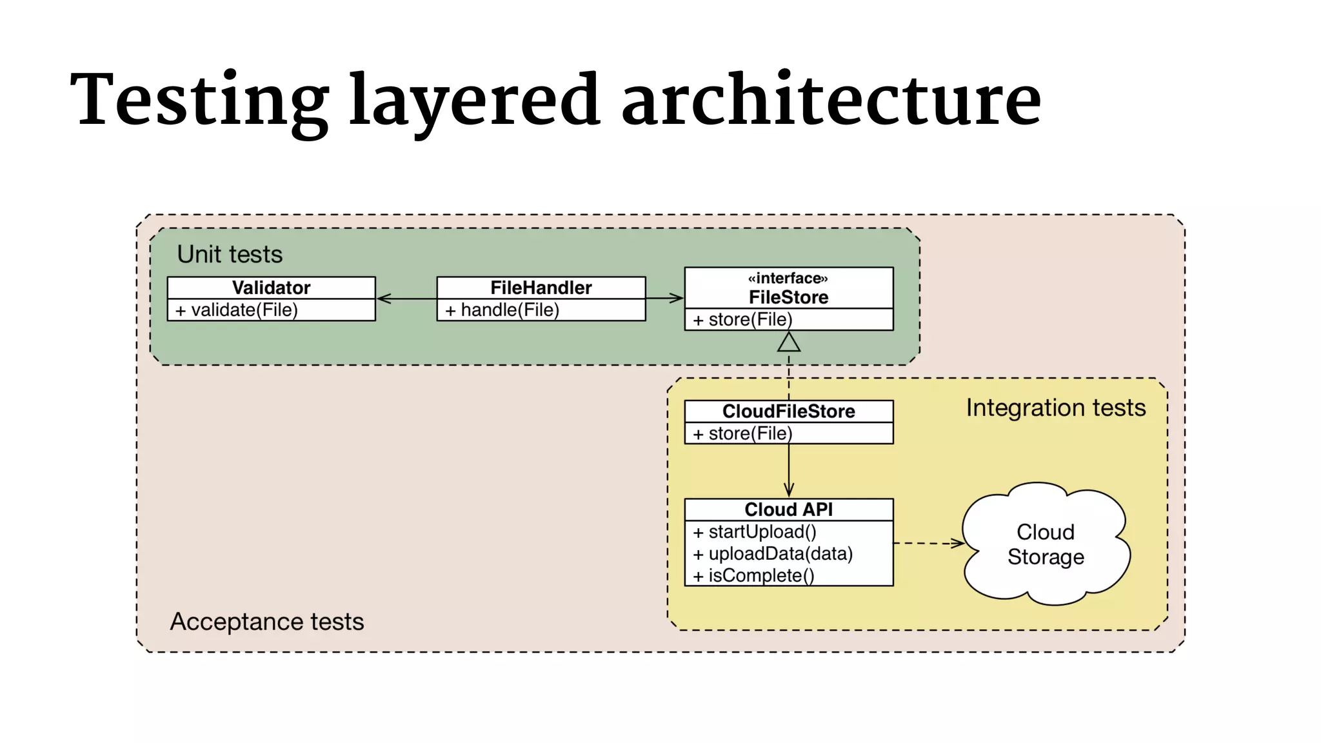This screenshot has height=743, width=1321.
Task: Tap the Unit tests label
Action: [230, 254]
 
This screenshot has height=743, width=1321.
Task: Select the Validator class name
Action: [271, 288]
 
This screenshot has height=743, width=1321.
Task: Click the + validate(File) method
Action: [237, 310]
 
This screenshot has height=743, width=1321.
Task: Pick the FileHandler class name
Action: [541, 288]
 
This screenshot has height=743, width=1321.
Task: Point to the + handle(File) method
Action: [502, 310]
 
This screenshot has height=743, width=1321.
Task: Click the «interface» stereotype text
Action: [788, 278]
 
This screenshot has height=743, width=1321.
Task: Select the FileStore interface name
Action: [788, 297]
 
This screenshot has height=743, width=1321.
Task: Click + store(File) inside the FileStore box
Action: [742, 319]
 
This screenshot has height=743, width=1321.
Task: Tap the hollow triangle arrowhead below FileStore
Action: [788, 342]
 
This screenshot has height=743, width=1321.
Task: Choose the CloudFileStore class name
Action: [788, 411]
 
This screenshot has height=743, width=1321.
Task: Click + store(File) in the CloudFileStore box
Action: [742, 433]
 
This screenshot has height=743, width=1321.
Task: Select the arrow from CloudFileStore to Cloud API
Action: [788, 471]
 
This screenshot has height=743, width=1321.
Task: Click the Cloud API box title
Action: [788, 510]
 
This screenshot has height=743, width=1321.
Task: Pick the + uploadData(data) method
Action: [773, 554]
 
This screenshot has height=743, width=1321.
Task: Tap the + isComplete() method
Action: [754, 575]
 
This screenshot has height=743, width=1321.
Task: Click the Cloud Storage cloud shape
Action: [1046, 545]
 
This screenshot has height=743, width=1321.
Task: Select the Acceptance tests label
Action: [266, 622]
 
